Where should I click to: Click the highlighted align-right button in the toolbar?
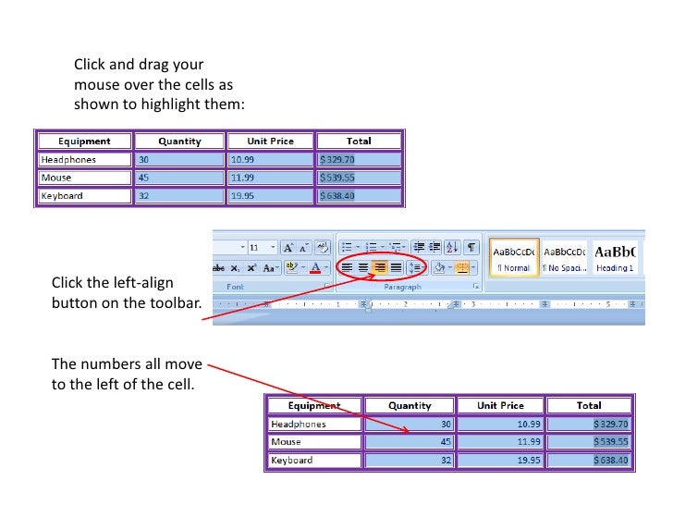(x=379, y=267)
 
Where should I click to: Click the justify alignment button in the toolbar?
(x=396, y=267)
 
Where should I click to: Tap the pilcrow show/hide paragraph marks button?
(x=471, y=248)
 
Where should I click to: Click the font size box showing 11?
(x=259, y=248)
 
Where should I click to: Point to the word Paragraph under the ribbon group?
(x=402, y=288)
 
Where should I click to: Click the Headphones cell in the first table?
(x=84, y=159)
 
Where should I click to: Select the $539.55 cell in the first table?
(x=359, y=178)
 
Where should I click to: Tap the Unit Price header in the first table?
(x=270, y=142)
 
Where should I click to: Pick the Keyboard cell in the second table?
(x=314, y=460)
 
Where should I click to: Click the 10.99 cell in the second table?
(x=500, y=424)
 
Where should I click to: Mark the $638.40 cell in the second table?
(x=588, y=460)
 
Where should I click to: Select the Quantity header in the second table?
(x=410, y=405)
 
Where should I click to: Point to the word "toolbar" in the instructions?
(x=173, y=302)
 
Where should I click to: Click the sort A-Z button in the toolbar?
(x=452, y=248)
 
